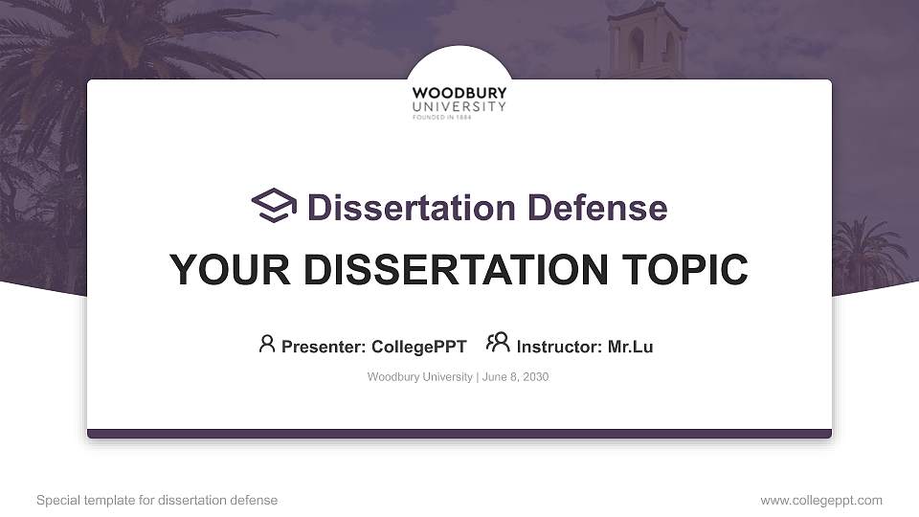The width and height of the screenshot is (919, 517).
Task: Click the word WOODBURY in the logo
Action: [x=459, y=93]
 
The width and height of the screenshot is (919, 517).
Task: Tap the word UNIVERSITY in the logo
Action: [x=459, y=106]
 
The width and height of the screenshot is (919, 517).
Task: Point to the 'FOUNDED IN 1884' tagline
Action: [x=442, y=117]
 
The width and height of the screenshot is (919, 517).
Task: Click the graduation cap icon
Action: [x=274, y=205]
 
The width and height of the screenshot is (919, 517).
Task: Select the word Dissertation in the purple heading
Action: [x=412, y=208]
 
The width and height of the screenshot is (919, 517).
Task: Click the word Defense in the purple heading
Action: [x=597, y=208]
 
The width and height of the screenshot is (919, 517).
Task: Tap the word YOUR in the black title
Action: [x=230, y=270]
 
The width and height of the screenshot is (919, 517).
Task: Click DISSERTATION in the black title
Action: [x=456, y=270]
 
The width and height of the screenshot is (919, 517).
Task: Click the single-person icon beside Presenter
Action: [x=267, y=344]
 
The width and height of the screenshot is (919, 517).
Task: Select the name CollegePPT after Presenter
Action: [x=419, y=347]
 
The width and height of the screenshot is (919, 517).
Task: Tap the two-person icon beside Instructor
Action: [x=498, y=343]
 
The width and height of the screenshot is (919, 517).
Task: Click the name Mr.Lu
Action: [x=630, y=347]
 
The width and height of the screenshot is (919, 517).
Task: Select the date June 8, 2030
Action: [x=515, y=377]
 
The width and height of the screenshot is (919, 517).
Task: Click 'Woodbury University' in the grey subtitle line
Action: [x=419, y=377]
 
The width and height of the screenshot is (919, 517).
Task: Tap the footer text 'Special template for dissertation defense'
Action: [x=157, y=500]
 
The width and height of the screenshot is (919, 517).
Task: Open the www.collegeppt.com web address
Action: [x=821, y=500]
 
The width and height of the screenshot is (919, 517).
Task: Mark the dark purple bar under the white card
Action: [x=459, y=434]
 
